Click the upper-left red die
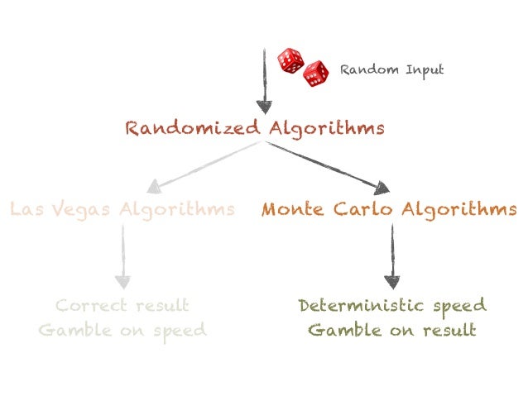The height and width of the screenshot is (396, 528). click(x=290, y=60)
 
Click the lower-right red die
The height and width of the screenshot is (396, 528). click(x=315, y=74)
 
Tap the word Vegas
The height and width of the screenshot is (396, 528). click(x=83, y=209)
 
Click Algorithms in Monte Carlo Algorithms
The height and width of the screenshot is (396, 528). click(x=459, y=209)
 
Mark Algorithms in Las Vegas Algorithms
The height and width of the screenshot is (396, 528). click(x=176, y=209)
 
